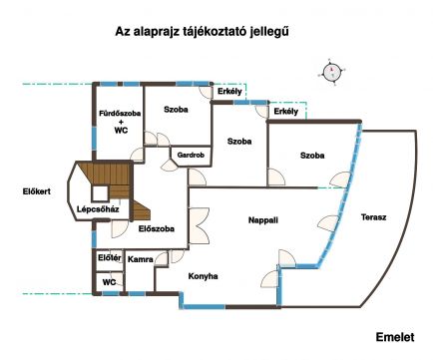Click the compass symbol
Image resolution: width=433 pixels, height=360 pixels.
331,72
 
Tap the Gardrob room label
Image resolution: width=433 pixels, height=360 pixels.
191,155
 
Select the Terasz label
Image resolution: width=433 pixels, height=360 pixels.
373,217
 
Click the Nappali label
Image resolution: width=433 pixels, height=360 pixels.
263,220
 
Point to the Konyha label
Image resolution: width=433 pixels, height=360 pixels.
203,276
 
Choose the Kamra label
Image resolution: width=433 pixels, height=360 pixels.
141,259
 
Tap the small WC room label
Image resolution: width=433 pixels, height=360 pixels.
109,282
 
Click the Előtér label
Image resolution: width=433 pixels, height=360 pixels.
110,257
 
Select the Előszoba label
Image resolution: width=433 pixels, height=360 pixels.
157,228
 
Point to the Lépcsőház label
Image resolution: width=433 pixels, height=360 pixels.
98,209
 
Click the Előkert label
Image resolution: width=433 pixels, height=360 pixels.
37,191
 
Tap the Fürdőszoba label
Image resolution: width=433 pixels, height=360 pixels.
120,114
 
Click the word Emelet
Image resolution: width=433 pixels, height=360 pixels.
395,337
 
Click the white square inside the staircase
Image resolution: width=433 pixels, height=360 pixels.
100,193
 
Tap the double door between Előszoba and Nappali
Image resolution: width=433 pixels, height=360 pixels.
199,226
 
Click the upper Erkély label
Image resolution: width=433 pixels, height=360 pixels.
229,91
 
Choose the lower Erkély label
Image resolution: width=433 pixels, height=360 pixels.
286,112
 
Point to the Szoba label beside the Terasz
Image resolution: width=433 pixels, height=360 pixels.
312,156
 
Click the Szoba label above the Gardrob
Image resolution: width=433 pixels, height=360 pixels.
176,110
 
